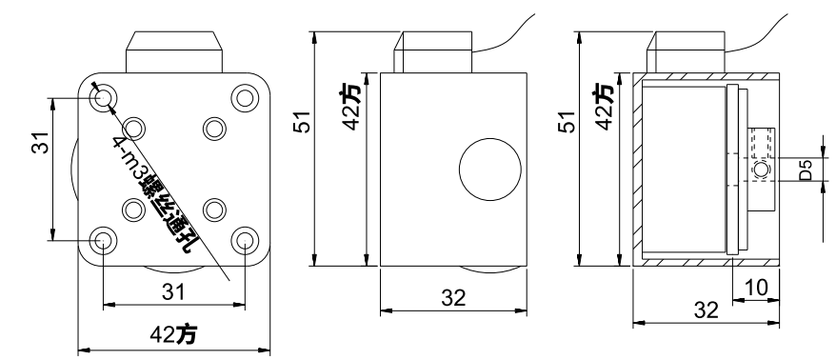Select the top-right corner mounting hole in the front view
pyautogui.click(x=245, y=97)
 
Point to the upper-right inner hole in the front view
pyautogui.click(x=213, y=127)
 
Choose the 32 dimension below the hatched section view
pyautogui.click(x=705, y=309)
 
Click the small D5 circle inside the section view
pyautogui.click(x=759, y=170)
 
